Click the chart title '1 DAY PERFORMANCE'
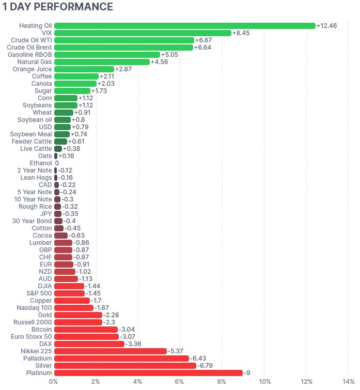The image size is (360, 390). point(57,7)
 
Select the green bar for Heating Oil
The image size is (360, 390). point(184,26)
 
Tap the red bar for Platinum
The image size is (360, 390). point(148,373)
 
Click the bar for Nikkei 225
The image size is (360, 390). point(110,351)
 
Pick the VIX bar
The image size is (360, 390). point(143,33)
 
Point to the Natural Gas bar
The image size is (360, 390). point(102,62)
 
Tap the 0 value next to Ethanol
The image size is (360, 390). point(57,163)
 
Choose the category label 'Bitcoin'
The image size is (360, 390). point(41,330)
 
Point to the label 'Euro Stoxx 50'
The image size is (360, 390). point(32,337)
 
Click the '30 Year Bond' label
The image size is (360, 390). point(32,221)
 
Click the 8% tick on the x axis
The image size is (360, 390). point(222,382)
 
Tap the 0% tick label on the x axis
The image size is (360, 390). point(54,382)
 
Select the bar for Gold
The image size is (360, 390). point(78,315)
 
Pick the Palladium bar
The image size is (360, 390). point(121,358)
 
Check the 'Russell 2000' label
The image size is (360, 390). point(33,322)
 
